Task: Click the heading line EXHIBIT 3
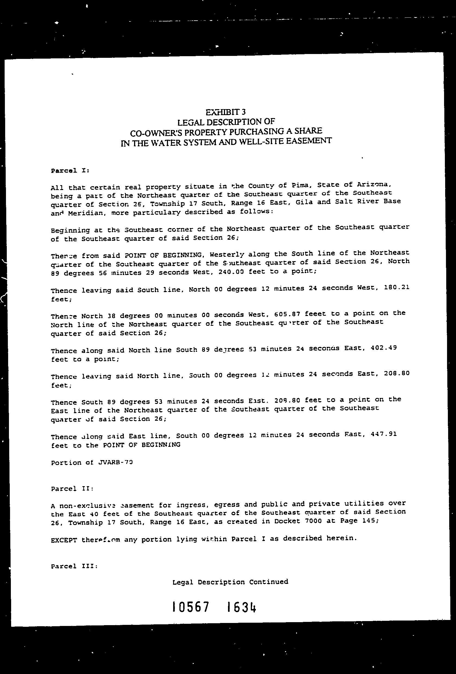225,112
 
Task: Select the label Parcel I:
70,170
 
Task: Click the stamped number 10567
191,606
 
